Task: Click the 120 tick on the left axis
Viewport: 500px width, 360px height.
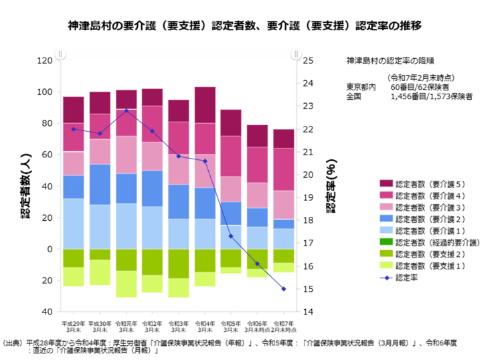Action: (x=44, y=60)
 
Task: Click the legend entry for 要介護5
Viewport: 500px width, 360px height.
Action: (x=428, y=183)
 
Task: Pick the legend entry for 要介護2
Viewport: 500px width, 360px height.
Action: (x=428, y=218)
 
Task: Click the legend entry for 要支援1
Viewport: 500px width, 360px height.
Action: (x=428, y=265)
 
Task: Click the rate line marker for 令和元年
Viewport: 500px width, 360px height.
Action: (x=126, y=110)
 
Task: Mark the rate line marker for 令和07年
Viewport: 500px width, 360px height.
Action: (x=284, y=289)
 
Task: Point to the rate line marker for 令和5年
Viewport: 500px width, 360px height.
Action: (x=231, y=236)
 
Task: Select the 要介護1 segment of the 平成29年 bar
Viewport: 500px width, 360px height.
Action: (x=74, y=223)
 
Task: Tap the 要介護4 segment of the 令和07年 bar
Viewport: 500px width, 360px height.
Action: (x=284, y=169)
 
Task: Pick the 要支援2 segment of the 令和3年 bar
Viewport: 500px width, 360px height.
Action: (x=178, y=263)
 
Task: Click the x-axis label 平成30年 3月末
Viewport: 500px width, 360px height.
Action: (x=100, y=326)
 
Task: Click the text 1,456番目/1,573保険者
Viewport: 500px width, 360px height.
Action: (x=432, y=96)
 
